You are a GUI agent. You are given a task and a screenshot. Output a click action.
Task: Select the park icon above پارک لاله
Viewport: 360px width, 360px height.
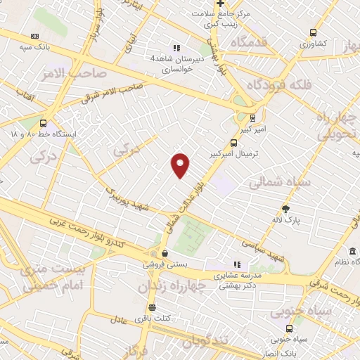285,209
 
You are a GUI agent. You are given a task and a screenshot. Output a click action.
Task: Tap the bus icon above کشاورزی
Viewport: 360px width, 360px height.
312,32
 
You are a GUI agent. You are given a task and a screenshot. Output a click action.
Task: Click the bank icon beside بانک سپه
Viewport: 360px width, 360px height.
36,36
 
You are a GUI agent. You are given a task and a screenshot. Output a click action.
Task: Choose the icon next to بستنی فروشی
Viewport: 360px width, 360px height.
165,254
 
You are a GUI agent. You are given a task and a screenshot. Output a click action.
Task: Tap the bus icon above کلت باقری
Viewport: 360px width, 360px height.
152,307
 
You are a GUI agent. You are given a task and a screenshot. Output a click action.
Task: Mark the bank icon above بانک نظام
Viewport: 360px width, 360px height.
352,252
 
